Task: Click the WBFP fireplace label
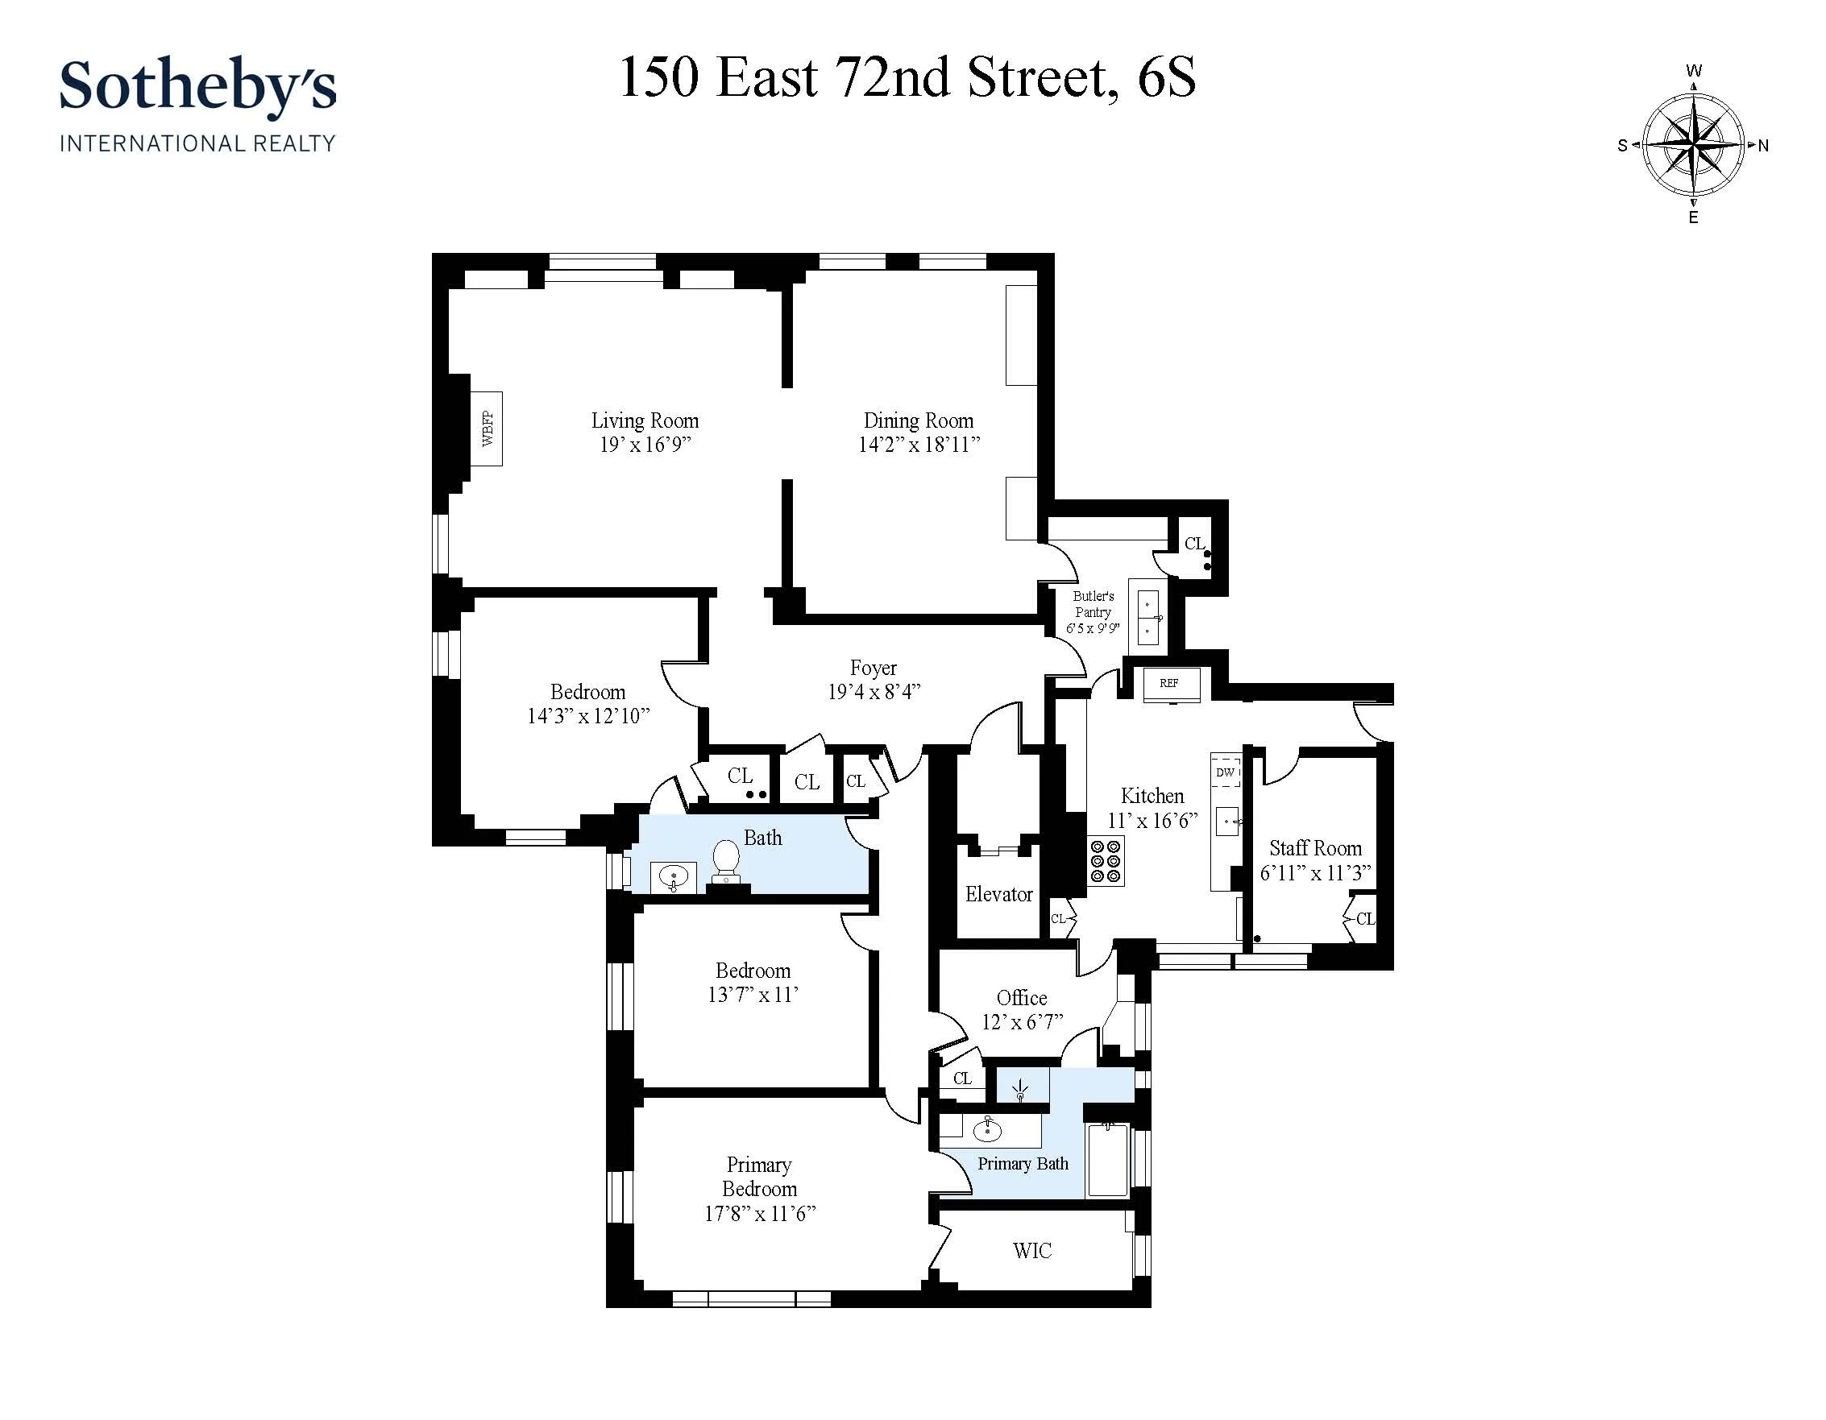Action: pyautogui.click(x=487, y=428)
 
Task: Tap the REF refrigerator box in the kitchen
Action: pyautogui.click(x=1170, y=684)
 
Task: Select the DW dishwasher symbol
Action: pyautogui.click(x=1225, y=772)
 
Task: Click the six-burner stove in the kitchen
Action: pyautogui.click(x=1106, y=861)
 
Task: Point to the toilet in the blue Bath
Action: pyautogui.click(x=726, y=860)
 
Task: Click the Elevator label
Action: pyautogui.click(x=998, y=894)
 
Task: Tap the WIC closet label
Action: pyautogui.click(x=1031, y=1250)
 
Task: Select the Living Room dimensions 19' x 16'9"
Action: pyautogui.click(x=645, y=445)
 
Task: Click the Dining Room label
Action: pyautogui.click(x=918, y=420)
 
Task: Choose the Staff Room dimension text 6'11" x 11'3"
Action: pyautogui.click(x=1315, y=872)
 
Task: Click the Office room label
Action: pyautogui.click(x=1022, y=998)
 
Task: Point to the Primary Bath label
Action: pyautogui.click(x=1023, y=1163)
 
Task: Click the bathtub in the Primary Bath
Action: pyautogui.click(x=1108, y=1160)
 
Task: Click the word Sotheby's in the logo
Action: pyautogui.click(x=197, y=86)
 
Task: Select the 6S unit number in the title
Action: pyautogui.click(x=1166, y=78)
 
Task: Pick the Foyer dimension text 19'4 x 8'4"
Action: pyautogui.click(x=874, y=692)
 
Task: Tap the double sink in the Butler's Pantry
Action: pyautogui.click(x=1148, y=618)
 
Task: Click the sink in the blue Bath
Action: pyautogui.click(x=673, y=878)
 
